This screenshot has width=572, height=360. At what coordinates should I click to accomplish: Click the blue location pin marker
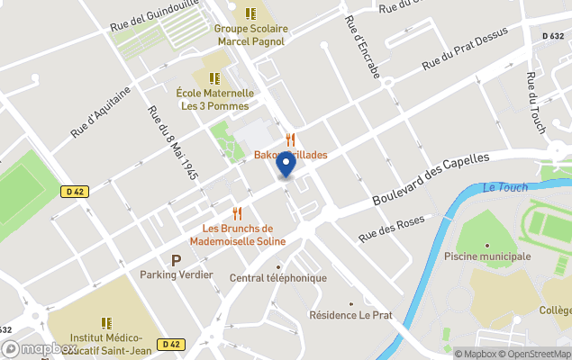tap(286, 165)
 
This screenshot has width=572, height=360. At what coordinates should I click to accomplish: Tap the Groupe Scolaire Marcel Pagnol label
tap(250, 34)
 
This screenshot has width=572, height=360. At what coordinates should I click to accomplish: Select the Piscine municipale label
tap(486, 256)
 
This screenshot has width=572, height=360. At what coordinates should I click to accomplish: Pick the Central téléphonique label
tap(278, 277)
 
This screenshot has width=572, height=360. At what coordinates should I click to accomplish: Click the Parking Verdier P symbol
tap(176, 259)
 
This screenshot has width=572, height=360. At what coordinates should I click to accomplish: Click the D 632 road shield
tap(553, 36)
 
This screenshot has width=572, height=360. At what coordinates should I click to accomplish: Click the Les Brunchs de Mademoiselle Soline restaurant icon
tap(237, 213)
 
